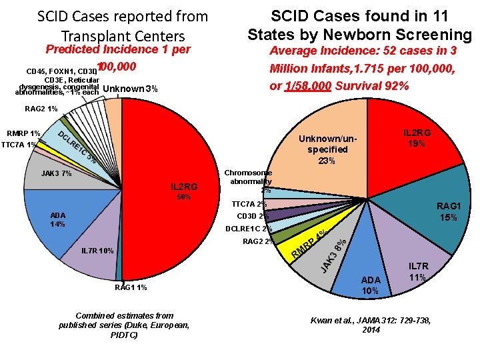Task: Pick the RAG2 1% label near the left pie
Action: tap(41, 109)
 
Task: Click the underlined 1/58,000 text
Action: tap(307, 87)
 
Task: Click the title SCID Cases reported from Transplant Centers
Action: tap(123, 25)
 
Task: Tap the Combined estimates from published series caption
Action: tap(125, 325)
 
